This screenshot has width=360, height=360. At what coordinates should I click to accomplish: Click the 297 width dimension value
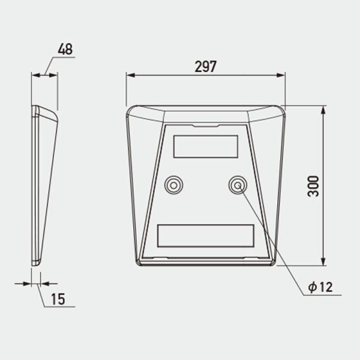point(205,67)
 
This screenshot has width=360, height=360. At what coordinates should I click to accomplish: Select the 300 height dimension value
point(313,186)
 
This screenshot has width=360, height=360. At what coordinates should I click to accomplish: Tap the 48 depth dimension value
point(65,49)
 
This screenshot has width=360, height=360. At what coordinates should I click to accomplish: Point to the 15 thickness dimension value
point(58,299)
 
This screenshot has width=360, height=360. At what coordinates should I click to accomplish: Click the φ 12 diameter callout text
point(320,287)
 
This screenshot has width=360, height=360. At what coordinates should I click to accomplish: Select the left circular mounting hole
point(174,185)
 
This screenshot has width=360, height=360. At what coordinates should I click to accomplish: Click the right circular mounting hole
point(238,185)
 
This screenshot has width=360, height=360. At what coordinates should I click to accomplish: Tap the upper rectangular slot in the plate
point(206,146)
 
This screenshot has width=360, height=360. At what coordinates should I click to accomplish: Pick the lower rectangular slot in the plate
point(206,236)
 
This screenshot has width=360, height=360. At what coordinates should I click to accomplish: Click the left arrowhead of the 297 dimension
point(130,75)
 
